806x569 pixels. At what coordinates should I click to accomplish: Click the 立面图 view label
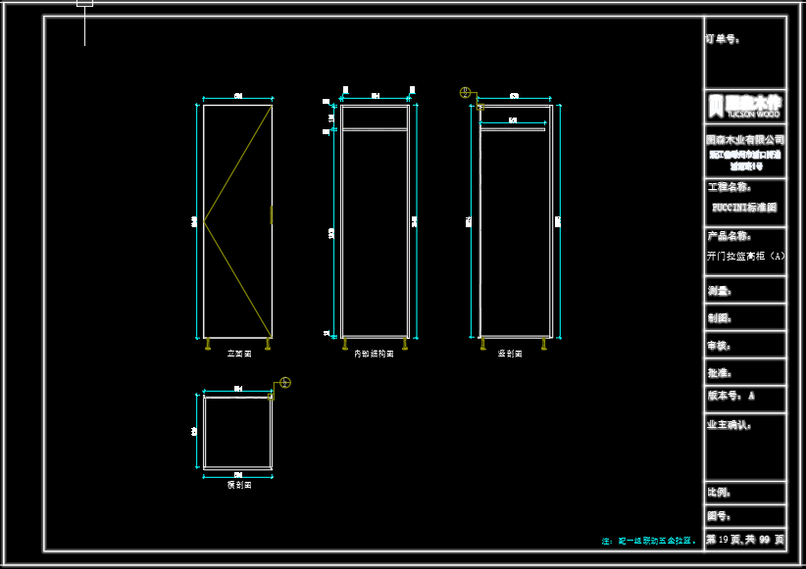(x=239, y=354)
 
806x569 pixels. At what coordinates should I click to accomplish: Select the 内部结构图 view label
(x=374, y=354)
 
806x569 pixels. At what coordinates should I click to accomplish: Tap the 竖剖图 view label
(x=511, y=354)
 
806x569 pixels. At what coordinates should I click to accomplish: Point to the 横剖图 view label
(x=238, y=485)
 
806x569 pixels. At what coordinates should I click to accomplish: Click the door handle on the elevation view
(x=272, y=214)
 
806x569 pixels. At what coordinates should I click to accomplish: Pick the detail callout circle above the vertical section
(x=466, y=93)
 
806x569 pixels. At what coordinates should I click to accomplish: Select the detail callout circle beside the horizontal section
(x=285, y=382)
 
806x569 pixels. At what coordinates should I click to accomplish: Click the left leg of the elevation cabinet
(x=208, y=343)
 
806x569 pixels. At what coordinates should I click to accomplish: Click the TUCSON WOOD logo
(x=744, y=106)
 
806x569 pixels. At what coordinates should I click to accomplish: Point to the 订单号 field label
(x=723, y=40)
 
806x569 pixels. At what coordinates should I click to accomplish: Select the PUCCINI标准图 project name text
(x=744, y=208)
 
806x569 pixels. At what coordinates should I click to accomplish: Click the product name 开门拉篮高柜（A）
(x=745, y=257)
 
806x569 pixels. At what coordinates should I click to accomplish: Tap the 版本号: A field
(x=731, y=397)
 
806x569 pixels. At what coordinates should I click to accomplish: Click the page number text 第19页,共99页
(x=745, y=540)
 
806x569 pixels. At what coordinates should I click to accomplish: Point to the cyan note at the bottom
(x=649, y=541)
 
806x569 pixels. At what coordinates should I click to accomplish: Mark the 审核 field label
(x=720, y=346)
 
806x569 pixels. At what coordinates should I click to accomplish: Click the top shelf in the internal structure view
(x=375, y=128)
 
